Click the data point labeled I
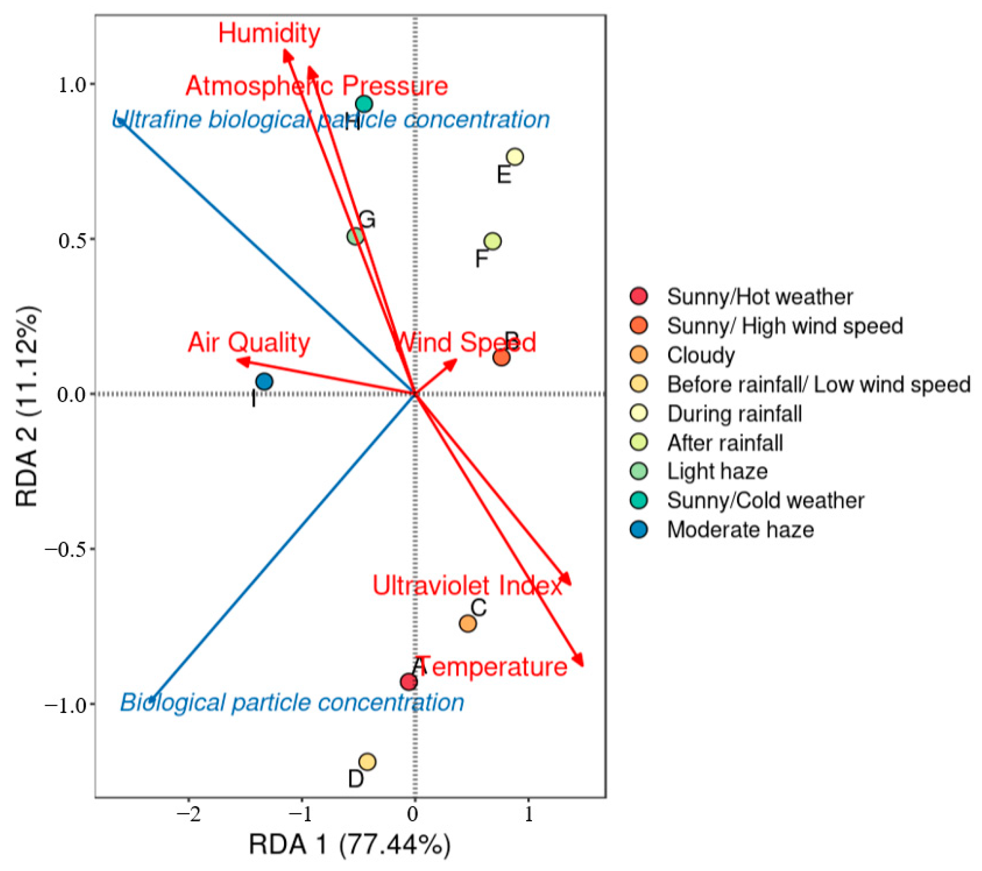click(264, 382)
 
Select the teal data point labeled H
click(364, 104)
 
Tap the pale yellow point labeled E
click(515, 157)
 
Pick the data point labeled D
click(367, 762)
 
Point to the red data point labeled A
click(409, 682)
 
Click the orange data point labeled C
click(467, 624)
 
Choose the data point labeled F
click(492, 241)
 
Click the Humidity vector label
click(269, 33)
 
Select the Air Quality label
click(249, 342)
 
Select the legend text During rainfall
click(735, 414)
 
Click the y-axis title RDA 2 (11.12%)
click(27, 406)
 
